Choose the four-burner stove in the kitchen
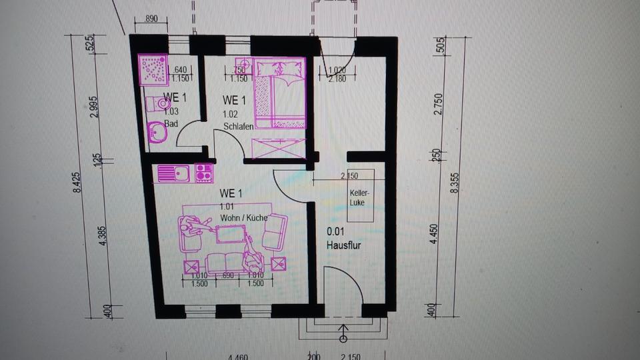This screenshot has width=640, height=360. pyautogui.click(x=203, y=173)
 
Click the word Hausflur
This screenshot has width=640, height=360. pyautogui.click(x=344, y=245)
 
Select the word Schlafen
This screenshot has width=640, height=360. pyautogui.click(x=239, y=127)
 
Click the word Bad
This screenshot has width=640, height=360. pyautogui.click(x=170, y=123)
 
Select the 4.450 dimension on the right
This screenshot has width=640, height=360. pyautogui.click(x=438, y=233)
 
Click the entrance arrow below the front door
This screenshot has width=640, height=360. pyautogui.click(x=343, y=331)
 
